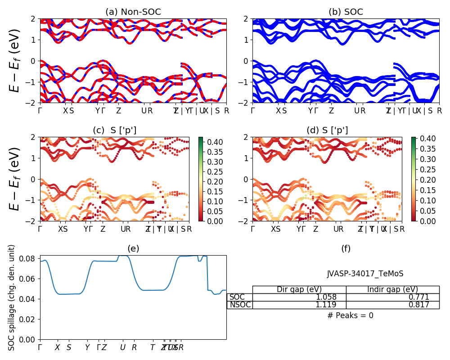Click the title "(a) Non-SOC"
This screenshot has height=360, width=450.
click(x=133, y=12)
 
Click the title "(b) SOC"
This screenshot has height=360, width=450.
click(x=346, y=12)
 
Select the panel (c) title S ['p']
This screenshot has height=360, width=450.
click(x=114, y=130)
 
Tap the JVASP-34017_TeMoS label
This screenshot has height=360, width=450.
click(x=365, y=274)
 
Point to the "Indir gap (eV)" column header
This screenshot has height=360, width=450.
click(x=392, y=289)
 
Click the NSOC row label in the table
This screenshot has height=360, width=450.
click(x=240, y=305)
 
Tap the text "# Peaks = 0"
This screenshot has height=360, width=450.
click(x=350, y=315)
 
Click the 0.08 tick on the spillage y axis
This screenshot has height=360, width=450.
click(x=30, y=259)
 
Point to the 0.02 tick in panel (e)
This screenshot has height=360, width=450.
click(x=30, y=319)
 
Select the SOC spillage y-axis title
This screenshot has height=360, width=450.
click(x=12, y=297)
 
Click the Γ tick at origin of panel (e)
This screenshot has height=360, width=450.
click(x=40, y=347)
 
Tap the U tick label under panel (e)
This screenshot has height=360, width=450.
click(x=122, y=347)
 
